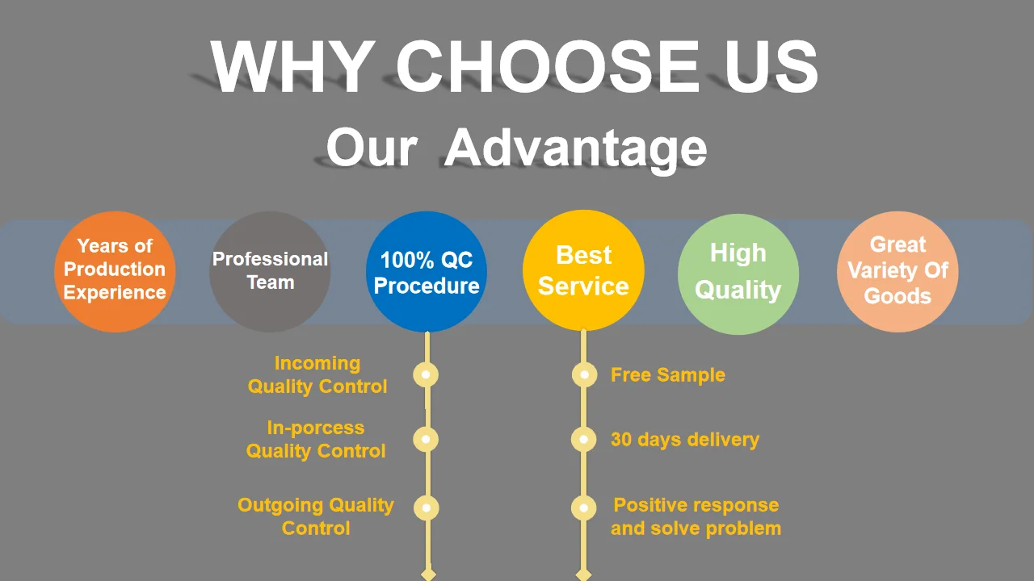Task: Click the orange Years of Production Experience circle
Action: [115, 271]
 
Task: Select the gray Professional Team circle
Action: [270, 271]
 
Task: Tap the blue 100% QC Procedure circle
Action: [427, 272]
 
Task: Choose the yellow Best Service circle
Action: [583, 271]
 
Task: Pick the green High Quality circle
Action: [738, 273]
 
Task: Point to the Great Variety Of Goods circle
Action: [897, 271]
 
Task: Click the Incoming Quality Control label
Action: [317, 374]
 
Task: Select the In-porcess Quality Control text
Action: [316, 439]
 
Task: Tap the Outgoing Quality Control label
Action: [316, 516]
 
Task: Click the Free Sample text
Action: [667, 375]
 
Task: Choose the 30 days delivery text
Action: [685, 440]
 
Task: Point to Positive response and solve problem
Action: [696, 516]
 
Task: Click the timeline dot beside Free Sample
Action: [584, 374]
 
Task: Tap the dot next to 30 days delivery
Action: [583, 440]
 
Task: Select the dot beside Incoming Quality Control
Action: [426, 374]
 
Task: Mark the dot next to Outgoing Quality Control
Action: [426, 508]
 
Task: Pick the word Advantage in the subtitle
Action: [575, 148]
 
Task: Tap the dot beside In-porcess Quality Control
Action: [426, 439]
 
